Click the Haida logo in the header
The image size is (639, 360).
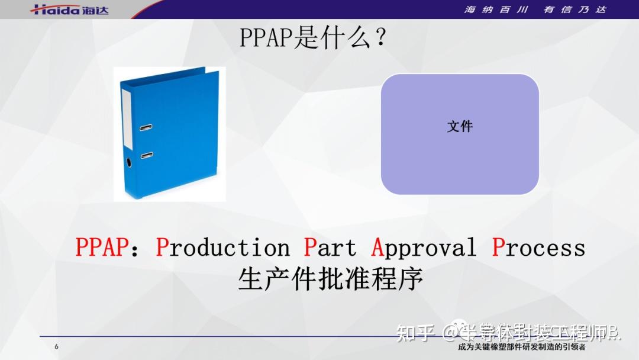pyautogui.click(x=69, y=9)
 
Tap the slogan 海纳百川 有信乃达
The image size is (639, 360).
pyautogui.click(x=535, y=9)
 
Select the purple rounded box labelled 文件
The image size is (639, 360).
pyautogui.click(x=460, y=134)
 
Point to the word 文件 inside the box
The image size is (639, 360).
pyautogui.click(x=460, y=126)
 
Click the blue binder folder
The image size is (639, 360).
pyautogui.click(x=170, y=134)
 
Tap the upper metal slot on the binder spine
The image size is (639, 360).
pyautogui.click(x=146, y=127)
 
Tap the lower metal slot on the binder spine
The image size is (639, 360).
pyautogui.click(x=147, y=155)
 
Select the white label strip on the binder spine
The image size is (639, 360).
pyautogui.click(x=126, y=118)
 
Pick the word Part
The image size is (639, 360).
pyautogui.click(x=330, y=247)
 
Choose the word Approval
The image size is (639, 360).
pyautogui.click(x=424, y=247)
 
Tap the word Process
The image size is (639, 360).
pyautogui.click(x=538, y=247)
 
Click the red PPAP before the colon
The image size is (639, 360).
pyautogui.click(x=101, y=247)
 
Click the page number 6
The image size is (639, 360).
pyautogui.click(x=57, y=347)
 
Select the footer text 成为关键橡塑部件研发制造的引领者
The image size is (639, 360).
pyautogui.click(x=522, y=348)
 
